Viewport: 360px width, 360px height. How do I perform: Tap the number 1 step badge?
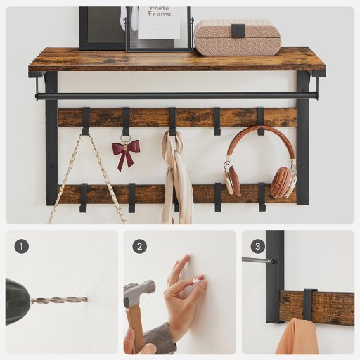22,246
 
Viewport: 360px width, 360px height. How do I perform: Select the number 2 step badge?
140,246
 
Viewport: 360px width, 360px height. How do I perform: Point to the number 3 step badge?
258,246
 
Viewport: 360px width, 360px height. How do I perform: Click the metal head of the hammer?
139,292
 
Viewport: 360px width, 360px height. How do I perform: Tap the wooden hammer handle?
135,329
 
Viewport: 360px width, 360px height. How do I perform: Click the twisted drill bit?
59,300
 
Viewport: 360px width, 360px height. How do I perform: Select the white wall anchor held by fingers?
196,281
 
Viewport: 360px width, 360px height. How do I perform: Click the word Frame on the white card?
160,14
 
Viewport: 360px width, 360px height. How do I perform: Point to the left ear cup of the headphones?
233,180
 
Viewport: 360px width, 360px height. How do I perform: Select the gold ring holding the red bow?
126,137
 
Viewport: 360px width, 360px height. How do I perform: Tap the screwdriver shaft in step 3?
257,260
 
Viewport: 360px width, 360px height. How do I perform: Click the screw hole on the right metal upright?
303,166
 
